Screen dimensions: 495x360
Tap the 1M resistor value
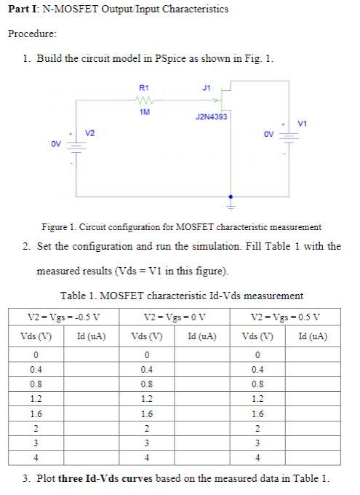(143, 112)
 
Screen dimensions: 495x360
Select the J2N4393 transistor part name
(211, 116)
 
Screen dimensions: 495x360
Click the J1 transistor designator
(205, 87)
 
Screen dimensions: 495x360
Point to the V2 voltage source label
(89, 133)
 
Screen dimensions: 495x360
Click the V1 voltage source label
(302, 124)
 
